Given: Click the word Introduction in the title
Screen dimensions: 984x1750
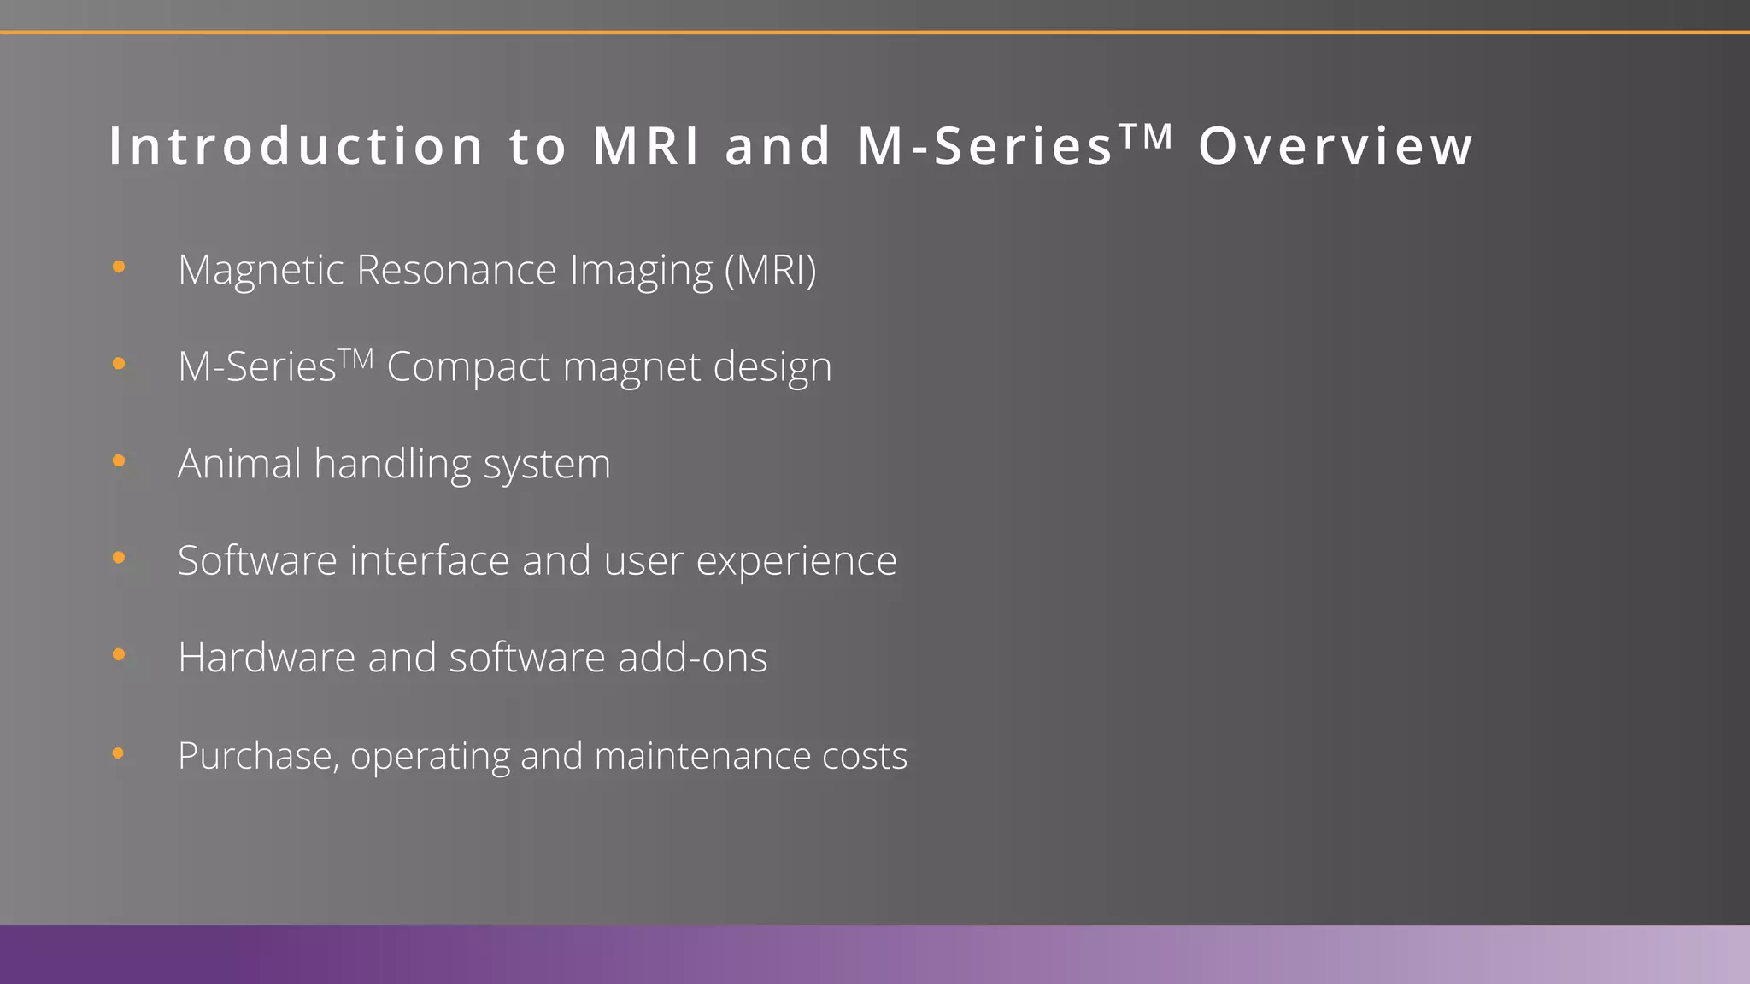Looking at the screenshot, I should [x=297, y=146].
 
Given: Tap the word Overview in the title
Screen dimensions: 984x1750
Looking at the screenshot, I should [x=1336, y=146].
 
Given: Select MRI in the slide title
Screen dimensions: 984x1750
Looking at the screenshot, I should [x=647, y=146].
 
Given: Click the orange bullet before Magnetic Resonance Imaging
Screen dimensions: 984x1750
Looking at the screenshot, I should [x=119, y=267].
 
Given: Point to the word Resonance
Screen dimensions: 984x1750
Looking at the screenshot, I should [x=456, y=270].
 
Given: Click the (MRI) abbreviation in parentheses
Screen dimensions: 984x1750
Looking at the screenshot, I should [x=770, y=270].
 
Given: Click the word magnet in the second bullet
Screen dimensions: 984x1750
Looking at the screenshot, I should [x=631, y=368].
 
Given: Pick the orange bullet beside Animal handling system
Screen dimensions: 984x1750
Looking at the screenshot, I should [x=119, y=461].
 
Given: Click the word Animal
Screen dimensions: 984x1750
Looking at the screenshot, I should [x=239, y=464].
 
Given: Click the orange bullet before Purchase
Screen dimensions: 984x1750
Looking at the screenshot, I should [x=119, y=753].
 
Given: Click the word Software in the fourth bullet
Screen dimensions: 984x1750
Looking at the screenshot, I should [x=257, y=561].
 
